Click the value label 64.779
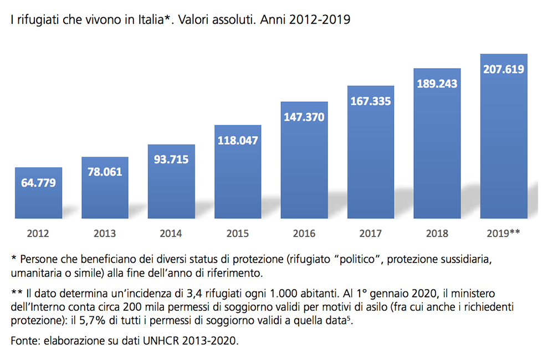38,182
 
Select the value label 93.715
171,160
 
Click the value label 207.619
503,69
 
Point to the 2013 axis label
105,233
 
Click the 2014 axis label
171,233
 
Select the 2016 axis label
304,233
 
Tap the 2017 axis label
371,233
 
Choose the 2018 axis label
437,233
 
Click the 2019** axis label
503,233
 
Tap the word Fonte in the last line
24,341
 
